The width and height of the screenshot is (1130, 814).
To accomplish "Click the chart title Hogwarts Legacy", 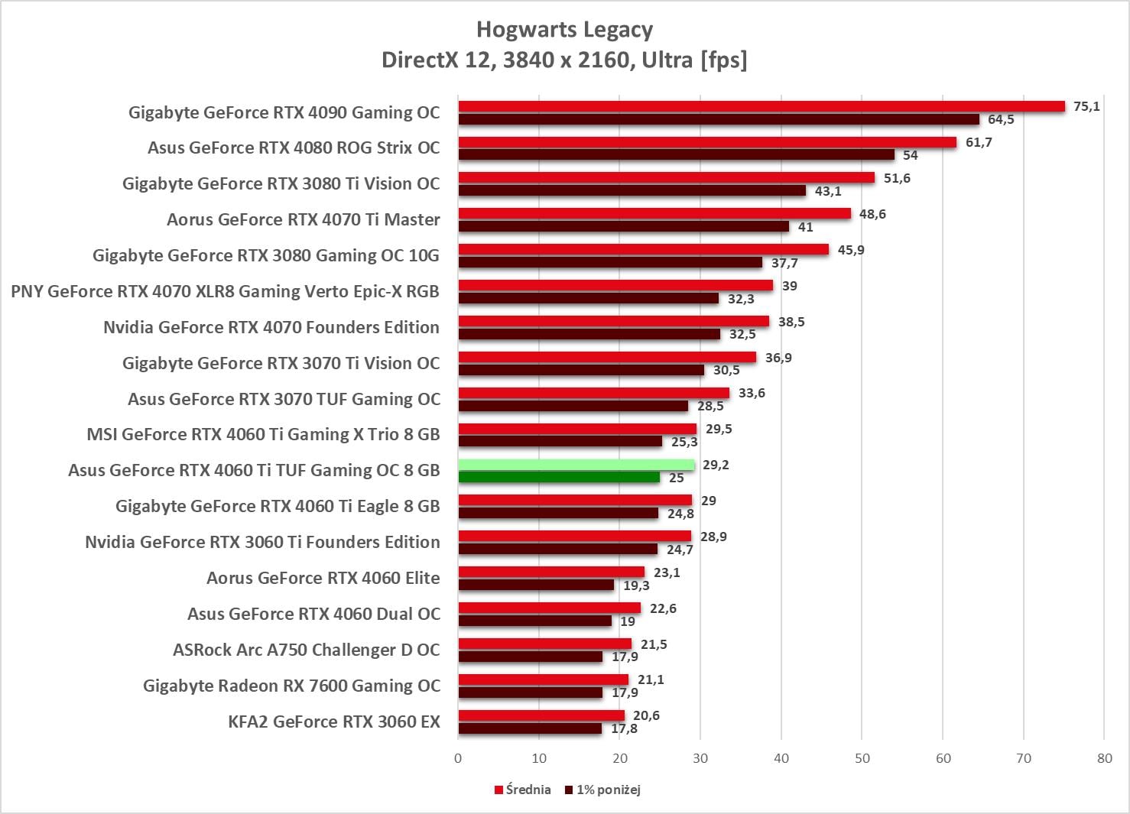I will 564,30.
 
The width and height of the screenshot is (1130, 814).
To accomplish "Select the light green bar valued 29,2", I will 576,465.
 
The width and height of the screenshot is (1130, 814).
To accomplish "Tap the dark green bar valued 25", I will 559,478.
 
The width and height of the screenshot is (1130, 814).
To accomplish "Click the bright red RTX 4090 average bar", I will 761,106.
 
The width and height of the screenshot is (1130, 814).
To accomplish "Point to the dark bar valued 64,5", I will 718,119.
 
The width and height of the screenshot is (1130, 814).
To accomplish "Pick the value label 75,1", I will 1086,106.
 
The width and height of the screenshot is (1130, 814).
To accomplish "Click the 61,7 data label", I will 978,142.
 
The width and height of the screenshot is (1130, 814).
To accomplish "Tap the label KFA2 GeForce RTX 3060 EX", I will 334,722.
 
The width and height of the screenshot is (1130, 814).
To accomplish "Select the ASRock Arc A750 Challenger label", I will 306,650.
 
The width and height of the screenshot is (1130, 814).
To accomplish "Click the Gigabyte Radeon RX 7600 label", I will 291,686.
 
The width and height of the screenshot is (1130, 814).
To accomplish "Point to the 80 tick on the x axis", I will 1104,758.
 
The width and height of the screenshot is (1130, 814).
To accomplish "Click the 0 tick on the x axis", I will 458,758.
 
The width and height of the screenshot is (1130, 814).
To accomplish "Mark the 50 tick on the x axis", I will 862,758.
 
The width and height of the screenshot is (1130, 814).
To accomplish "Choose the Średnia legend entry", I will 523,790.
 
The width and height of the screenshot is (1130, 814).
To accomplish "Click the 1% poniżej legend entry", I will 603,790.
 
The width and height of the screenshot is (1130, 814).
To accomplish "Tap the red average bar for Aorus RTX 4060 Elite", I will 551,572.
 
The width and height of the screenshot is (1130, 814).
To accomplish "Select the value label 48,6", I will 872,214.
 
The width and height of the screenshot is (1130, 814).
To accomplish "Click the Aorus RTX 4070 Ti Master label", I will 303,219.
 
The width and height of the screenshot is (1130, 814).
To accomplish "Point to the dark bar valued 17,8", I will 530,728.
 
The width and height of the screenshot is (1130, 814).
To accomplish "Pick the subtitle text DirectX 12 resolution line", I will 564,60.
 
